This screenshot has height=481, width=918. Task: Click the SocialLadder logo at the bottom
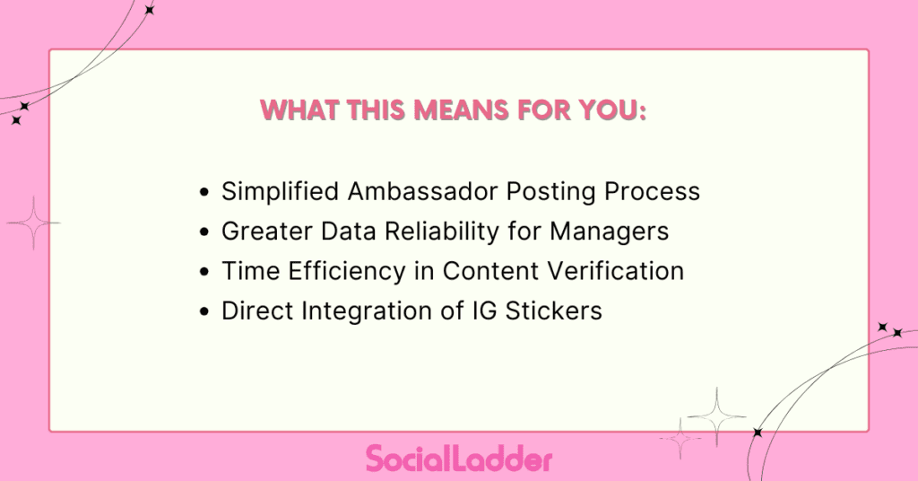click(459, 458)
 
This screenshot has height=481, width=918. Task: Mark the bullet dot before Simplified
click(206, 193)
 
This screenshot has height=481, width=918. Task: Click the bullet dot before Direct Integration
click(206, 311)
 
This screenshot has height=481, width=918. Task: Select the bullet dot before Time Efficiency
click(206, 272)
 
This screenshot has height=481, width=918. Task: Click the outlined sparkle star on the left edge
click(33, 223)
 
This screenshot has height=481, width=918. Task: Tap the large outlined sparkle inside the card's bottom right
click(716, 415)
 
